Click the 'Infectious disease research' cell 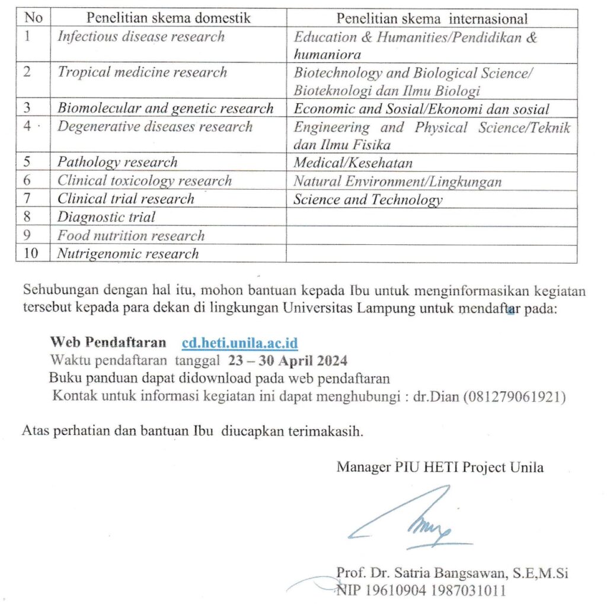tap(141, 37)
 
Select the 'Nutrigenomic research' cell tap(128, 254)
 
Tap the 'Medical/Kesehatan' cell tap(353, 163)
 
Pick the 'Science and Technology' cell tap(368, 200)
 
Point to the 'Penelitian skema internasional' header tap(432, 18)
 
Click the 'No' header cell tap(34, 18)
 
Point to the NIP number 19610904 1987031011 tap(421, 590)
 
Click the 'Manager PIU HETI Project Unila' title tap(440, 467)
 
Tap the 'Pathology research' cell tap(117, 163)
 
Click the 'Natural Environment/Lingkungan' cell tap(397, 181)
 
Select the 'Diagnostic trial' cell tap(106, 218)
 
